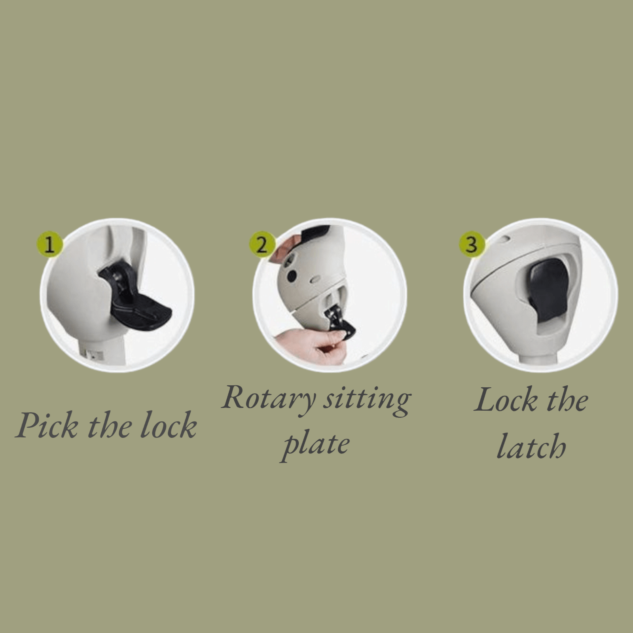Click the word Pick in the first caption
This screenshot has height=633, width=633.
tap(47, 425)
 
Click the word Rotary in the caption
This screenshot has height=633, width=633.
tap(269, 398)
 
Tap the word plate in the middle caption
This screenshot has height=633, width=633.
tap(315, 445)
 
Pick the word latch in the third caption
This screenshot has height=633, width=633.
tap(531, 445)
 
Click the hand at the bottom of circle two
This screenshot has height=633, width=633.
tap(311, 346)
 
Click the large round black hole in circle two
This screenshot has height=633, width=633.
tap(292, 276)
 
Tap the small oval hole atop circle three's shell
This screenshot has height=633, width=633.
tap(505, 239)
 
